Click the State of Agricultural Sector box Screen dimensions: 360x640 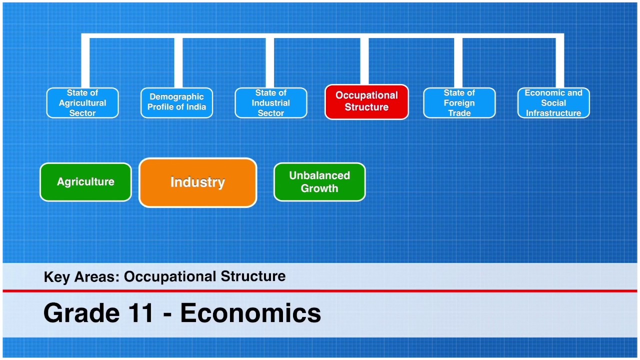click(82, 103)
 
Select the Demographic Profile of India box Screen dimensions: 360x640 click(176, 102)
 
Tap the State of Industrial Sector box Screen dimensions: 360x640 click(270, 103)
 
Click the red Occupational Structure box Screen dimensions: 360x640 click(366, 101)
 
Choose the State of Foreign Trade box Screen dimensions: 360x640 click(459, 103)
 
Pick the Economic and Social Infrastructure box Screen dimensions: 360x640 click(553, 103)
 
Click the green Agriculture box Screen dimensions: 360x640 click(85, 182)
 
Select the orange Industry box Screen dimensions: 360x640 click(197, 182)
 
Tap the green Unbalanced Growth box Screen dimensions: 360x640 click(319, 182)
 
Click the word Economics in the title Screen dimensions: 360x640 click(250, 313)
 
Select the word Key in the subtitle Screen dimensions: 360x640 click(57, 277)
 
